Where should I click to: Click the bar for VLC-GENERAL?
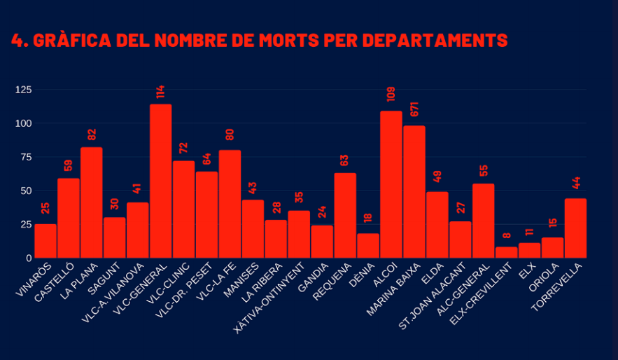[160, 181]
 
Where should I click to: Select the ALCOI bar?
[391, 184]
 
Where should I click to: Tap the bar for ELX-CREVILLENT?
[507, 252]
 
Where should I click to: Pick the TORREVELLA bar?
[575, 228]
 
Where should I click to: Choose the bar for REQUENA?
[345, 215]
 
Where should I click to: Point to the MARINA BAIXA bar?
[414, 192]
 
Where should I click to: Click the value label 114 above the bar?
[160, 92]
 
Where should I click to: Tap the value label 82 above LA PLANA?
[92, 134]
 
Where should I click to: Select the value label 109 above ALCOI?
[391, 95]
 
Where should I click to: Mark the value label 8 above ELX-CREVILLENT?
[507, 235]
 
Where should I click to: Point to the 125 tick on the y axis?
[23, 90]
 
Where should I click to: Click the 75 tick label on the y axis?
[26, 158]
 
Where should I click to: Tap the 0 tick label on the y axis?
[29, 258]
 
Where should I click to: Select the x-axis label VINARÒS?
[34, 279]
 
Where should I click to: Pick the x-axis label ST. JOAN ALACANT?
[433, 296]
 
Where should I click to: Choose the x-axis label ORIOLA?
[544, 277]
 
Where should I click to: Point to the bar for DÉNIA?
[368, 246]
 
